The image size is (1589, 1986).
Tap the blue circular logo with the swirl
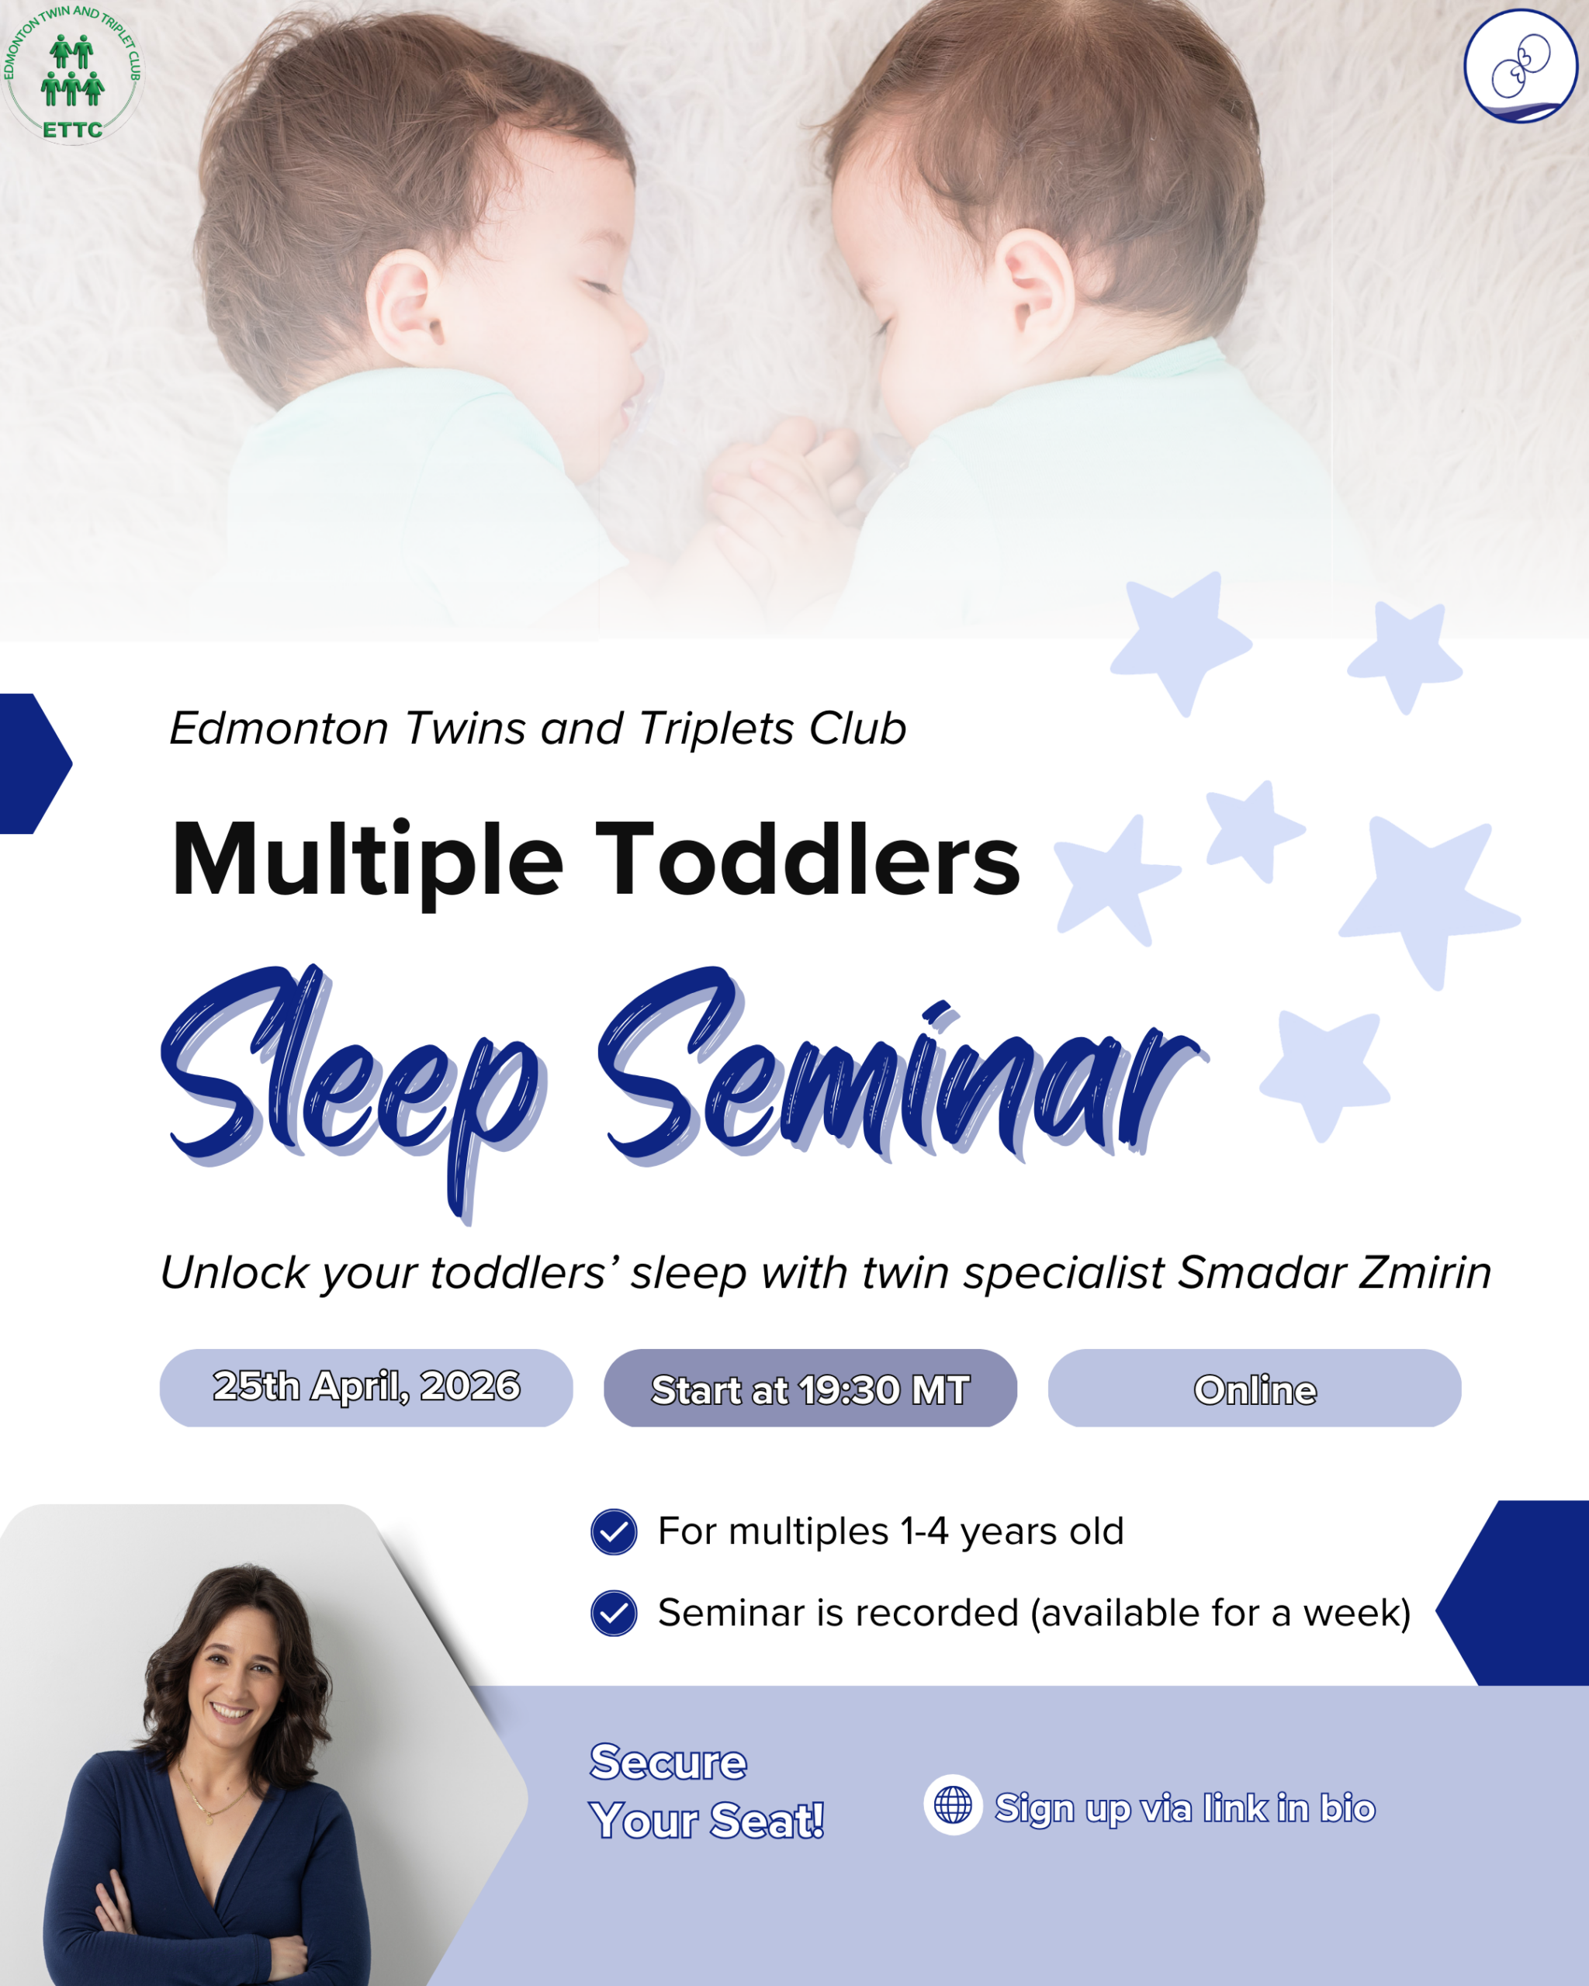click(1521, 66)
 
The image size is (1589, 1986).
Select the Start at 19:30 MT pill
click(811, 1388)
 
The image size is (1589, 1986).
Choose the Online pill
click(1255, 1388)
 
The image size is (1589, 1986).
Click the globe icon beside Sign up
click(954, 1804)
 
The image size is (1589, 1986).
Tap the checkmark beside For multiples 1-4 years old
click(614, 1532)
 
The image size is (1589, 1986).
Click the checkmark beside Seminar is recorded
click(614, 1613)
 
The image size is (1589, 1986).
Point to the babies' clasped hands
click(783, 479)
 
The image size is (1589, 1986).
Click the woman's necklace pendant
click(211, 1819)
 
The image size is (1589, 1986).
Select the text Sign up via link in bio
click(1186, 1808)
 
